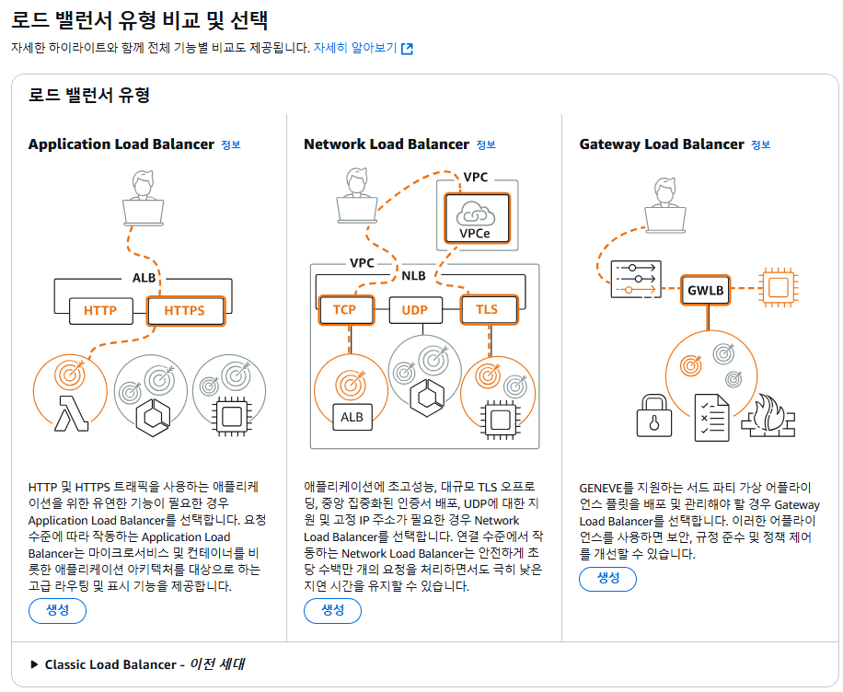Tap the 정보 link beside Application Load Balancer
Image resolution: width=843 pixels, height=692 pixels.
point(230,144)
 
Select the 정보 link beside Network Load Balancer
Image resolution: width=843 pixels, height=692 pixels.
point(486,144)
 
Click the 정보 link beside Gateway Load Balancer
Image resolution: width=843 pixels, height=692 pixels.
point(760,144)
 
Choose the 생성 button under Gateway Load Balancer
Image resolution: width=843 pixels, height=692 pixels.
point(607,578)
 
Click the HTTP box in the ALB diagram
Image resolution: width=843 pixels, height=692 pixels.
point(100,310)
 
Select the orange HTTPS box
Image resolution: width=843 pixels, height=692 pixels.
point(184,310)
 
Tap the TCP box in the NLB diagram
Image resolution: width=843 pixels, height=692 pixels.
point(344,309)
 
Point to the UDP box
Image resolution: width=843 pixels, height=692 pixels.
point(415,309)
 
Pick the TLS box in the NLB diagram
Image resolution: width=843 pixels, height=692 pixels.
point(487,309)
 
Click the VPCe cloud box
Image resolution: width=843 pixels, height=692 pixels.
point(477,219)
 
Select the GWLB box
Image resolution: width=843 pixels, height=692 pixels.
point(706,290)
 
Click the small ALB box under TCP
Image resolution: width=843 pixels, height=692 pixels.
point(352,417)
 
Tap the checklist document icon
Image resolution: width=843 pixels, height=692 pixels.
point(710,416)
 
